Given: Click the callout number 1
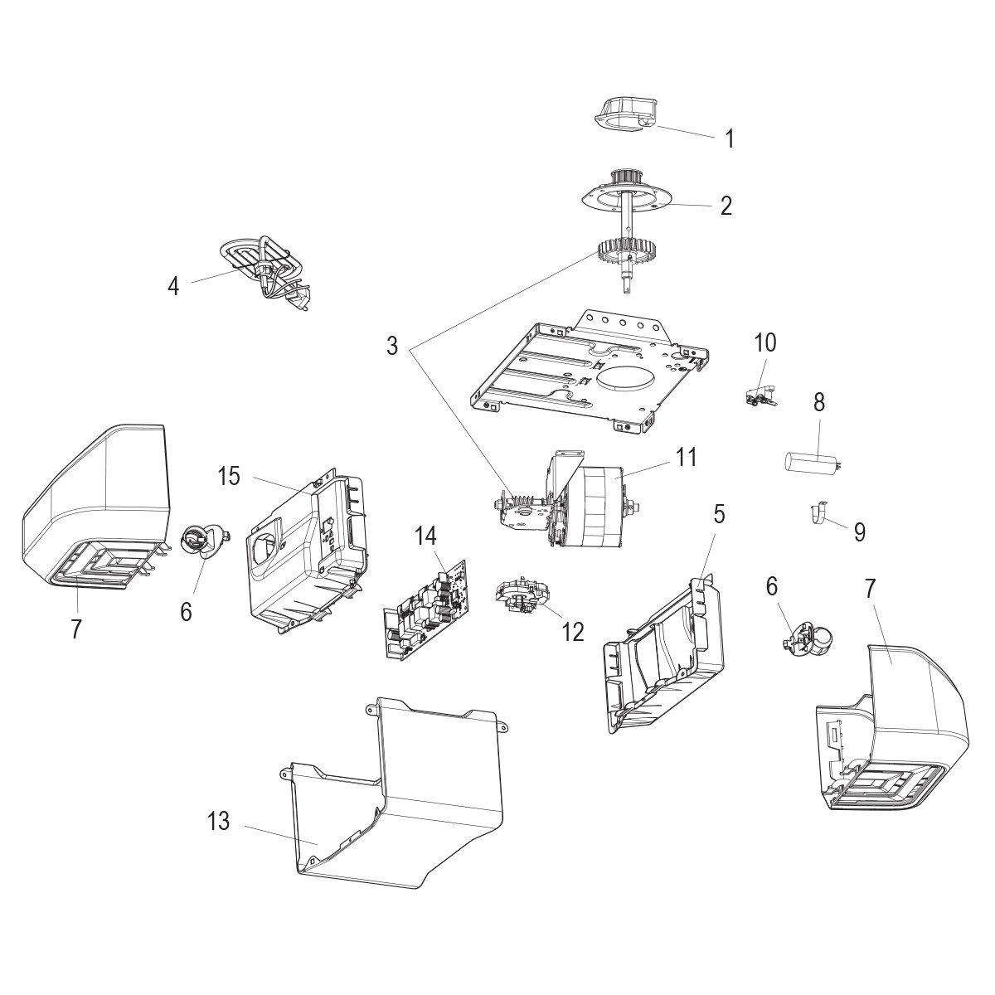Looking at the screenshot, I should (x=730, y=138).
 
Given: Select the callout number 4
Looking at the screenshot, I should (x=172, y=287).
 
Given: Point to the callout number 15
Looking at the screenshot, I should (x=229, y=477).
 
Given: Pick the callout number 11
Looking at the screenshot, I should (x=686, y=457).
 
